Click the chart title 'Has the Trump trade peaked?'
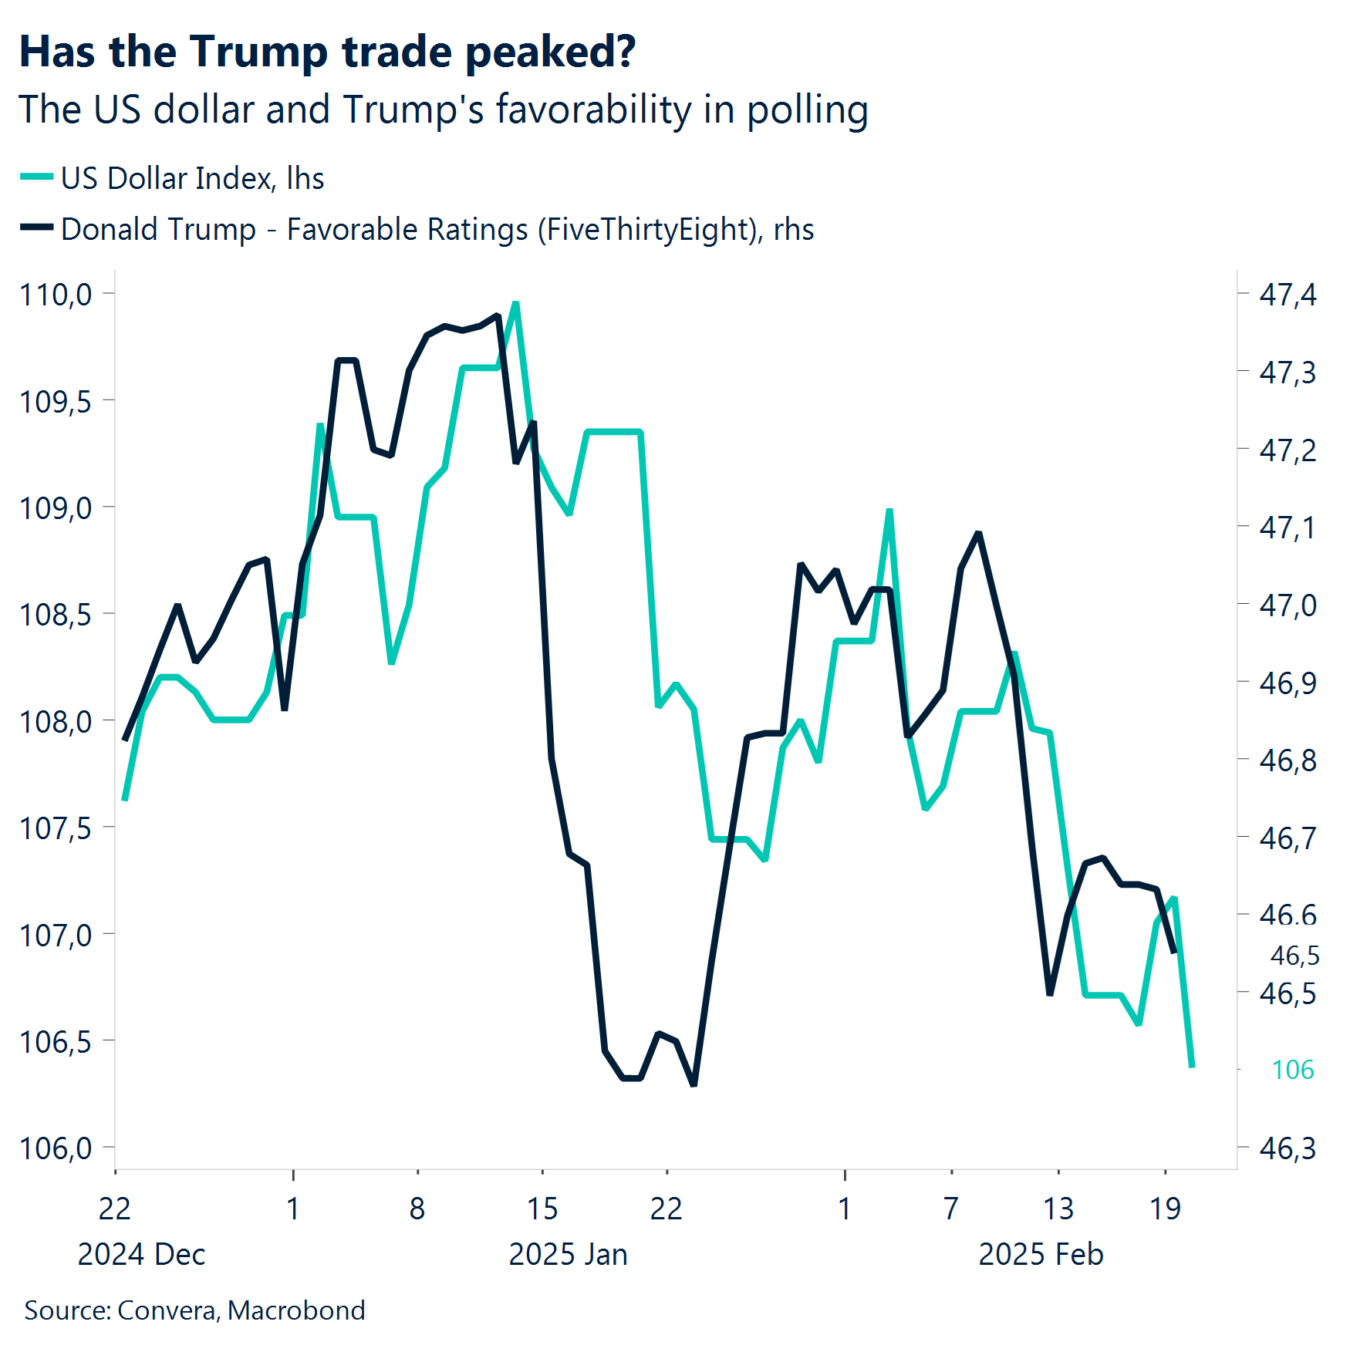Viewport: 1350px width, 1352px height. tap(327, 52)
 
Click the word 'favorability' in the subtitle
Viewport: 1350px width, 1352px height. tap(593, 110)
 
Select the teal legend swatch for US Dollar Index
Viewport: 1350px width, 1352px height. tap(36, 177)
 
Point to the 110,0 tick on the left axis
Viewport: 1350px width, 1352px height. tap(56, 295)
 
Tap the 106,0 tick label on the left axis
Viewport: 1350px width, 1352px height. tap(56, 1148)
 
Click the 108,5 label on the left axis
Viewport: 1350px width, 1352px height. tap(56, 615)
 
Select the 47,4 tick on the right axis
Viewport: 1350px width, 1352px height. tap(1287, 295)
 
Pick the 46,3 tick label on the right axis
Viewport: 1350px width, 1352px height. tap(1287, 1148)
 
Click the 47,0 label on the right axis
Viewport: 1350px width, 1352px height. tap(1287, 605)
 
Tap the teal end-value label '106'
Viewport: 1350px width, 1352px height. tap(1292, 1070)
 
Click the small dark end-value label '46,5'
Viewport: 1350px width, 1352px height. tap(1294, 956)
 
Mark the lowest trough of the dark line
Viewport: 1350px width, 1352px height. tap(694, 1084)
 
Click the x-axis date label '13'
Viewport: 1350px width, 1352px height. tap(1058, 1209)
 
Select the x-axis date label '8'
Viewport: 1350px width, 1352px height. tap(417, 1209)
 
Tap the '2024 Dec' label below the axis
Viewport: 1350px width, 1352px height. tap(141, 1255)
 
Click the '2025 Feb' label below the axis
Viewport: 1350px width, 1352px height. tap(1040, 1255)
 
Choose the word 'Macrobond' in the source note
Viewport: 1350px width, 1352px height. tap(296, 1310)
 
